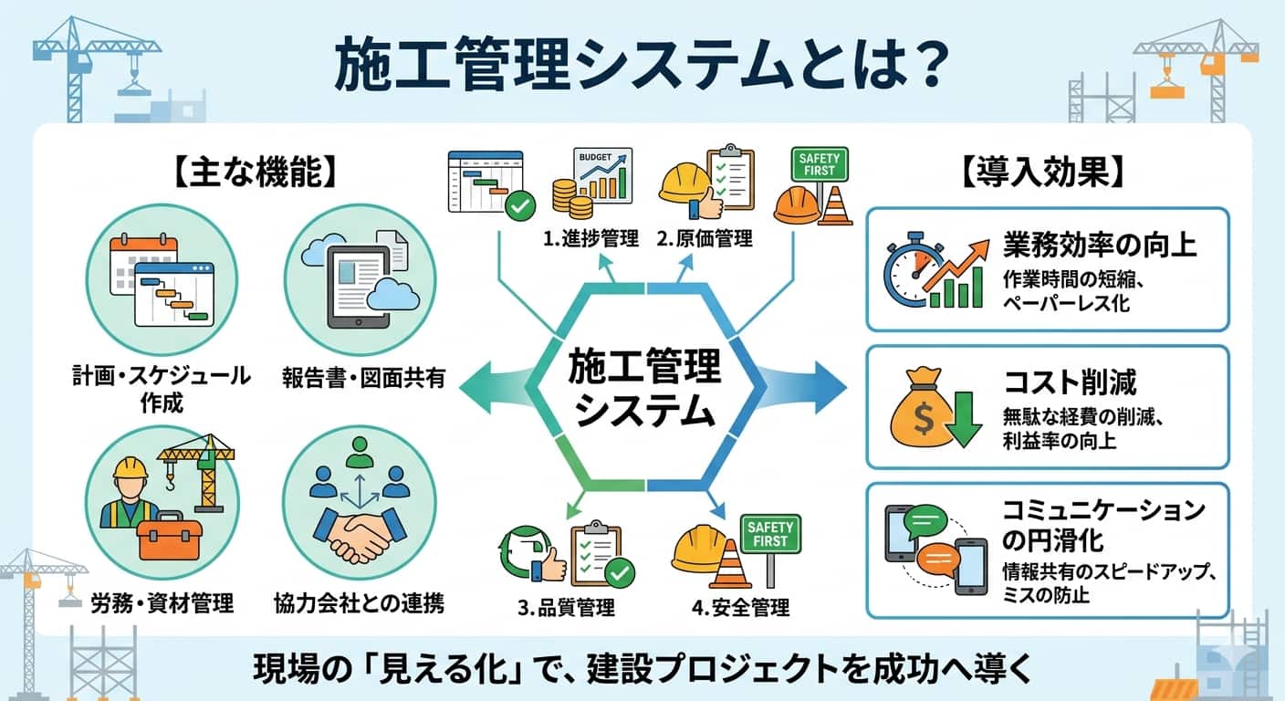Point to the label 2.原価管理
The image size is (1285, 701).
(x=704, y=239)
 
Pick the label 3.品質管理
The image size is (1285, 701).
(x=566, y=607)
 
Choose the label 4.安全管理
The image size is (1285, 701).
(x=740, y=607)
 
